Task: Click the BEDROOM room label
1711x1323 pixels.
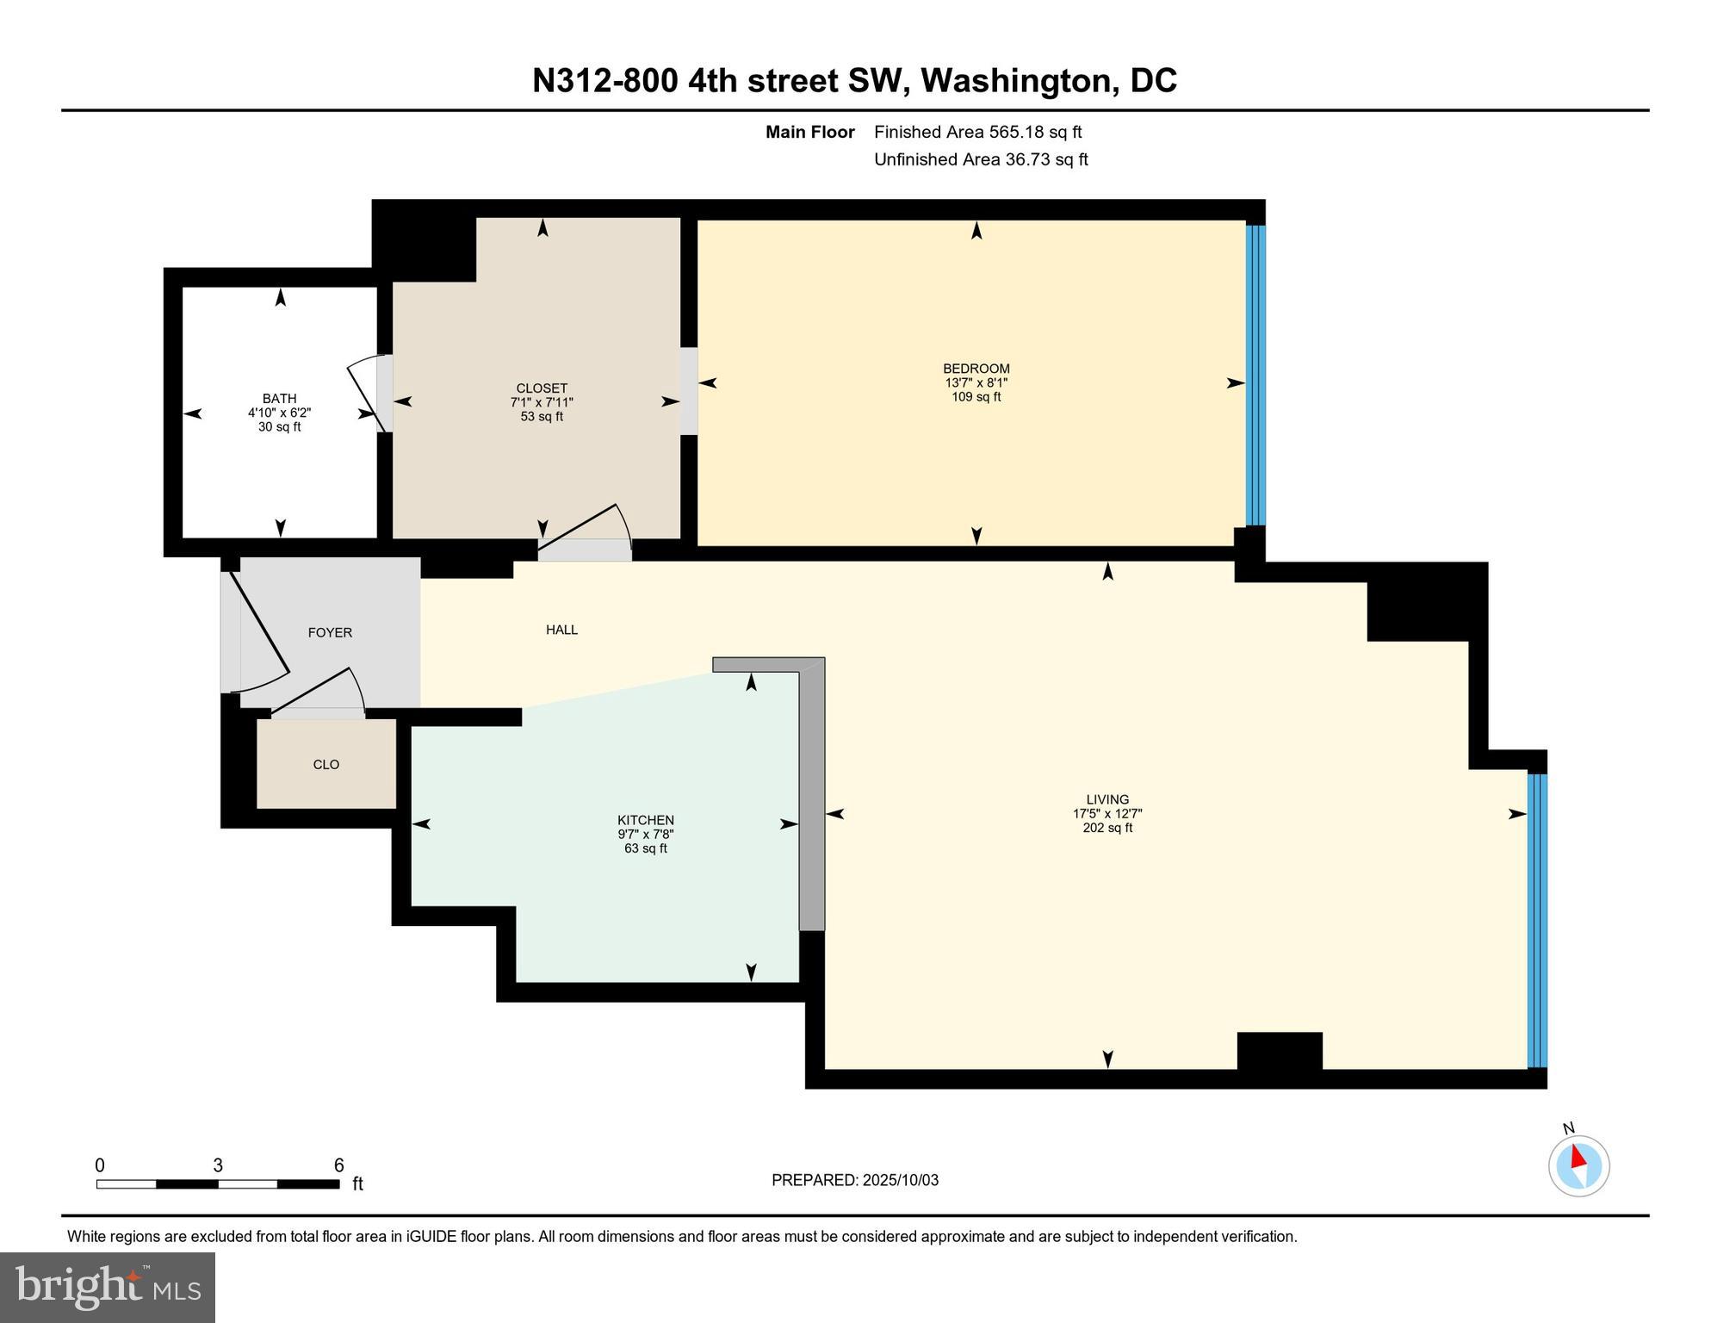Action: click(x=976, y=369)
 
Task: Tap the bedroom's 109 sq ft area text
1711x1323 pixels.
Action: click(x=976, y=397)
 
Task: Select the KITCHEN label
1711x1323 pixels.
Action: click(x=645, y=820)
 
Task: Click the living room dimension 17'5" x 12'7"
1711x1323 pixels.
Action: click(x=1107, y=813)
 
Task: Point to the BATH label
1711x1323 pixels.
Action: click(x=279, y=398)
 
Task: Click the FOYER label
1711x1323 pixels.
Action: click(x=330, y=632)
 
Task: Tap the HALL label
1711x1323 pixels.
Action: click(x=561, y=630)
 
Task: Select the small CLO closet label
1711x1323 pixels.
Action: click(x=325, y=764)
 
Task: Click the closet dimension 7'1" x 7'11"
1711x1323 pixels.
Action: click(x=542, y=402)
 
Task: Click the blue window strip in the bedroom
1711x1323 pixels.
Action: click(x=1255, y=376)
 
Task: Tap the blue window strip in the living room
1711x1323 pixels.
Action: click(x=1536, y=920)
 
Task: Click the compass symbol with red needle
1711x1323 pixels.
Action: click(x=1578, y=1166)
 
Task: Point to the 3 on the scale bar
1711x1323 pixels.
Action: click(x=218, y=1165)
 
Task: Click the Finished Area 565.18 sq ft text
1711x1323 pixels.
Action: click(x=977, y=132)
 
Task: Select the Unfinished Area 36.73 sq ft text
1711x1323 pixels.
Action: click(x=981, y=159)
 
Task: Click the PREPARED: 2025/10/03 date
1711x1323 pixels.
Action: click(x=854, y=1180)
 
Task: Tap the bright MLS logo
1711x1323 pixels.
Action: click(x=108, y=1287)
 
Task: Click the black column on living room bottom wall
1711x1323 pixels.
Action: click(x=1279, y=1050)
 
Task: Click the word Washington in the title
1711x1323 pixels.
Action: click(x=1019, y=81)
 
